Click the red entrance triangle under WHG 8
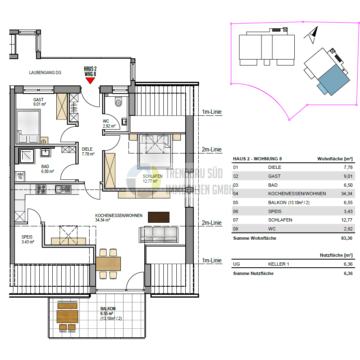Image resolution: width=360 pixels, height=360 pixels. click(x=90, y=81)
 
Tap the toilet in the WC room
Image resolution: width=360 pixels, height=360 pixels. click(x=118, y=102)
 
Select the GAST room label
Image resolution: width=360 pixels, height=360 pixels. click(x=39, y=100)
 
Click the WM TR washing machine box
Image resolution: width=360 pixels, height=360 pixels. click(x=20, y=176)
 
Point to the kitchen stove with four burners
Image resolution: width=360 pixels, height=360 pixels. click(x=41, y=189)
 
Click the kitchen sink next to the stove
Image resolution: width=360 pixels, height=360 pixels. click(x=63, y=189)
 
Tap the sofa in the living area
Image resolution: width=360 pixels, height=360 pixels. click(x=159, y=234)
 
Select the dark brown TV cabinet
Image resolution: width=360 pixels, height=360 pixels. click(x=159, y=217)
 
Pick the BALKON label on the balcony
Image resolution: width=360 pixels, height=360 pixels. click(x=108, y=309)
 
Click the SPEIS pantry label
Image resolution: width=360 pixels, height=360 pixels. click(x=28, y=237)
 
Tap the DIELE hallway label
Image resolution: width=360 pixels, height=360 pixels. click(x=88, y=149)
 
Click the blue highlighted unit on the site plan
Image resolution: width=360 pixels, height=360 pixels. click(x=333, y=80)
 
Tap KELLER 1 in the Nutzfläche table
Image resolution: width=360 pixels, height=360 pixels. click(x=279, y=264)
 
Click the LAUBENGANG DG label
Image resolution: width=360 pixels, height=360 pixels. click(x=45, y=72)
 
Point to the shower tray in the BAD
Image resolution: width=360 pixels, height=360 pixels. click(x=28, y=156)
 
